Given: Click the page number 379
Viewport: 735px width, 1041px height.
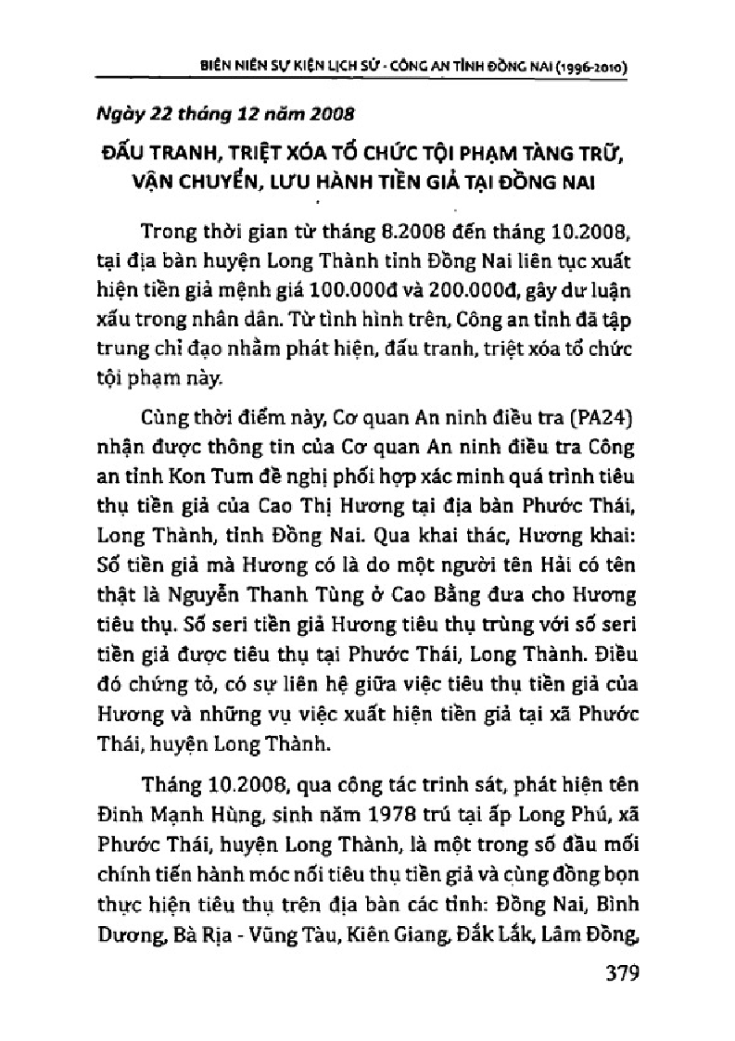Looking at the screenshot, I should click(610, 974).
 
